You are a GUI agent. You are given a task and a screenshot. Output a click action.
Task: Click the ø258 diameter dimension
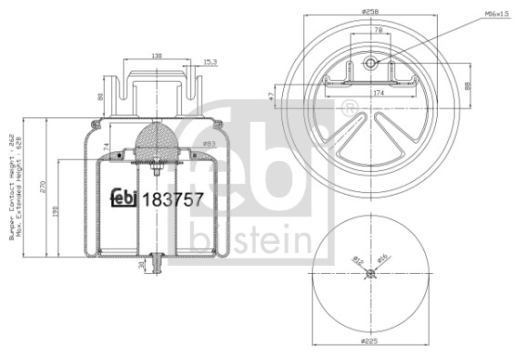370,10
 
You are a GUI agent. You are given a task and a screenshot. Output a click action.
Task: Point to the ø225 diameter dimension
370,343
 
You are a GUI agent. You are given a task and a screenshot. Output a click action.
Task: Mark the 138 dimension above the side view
157,56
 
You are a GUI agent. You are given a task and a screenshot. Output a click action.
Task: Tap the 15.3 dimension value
209,62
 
